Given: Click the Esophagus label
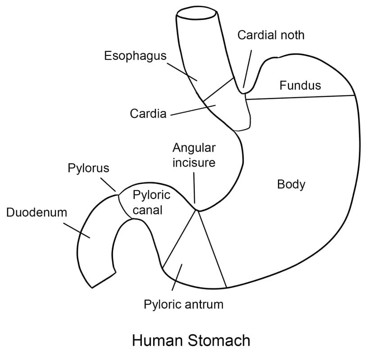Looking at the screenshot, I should (x=135, y=56).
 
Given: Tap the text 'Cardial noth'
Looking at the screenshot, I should (x=271, y=35).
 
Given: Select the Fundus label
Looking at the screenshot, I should (x=300, y=85).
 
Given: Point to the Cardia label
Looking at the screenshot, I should (x=148, y=114).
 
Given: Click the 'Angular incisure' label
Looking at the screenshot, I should (x=194, y=155).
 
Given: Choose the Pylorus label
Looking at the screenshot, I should (x=88, y=168).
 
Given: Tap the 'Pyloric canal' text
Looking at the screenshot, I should (x=151, y=202).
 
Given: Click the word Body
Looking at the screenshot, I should (x=291, y=184).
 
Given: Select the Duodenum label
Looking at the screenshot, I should (x=36, y=212).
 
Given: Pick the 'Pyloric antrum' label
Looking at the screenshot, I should (x=183, y=304).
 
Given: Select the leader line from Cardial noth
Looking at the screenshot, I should (x=248, y=67).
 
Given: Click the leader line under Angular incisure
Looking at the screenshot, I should (x=194, y=187).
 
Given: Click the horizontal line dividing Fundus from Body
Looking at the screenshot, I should (x=300, y=97).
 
